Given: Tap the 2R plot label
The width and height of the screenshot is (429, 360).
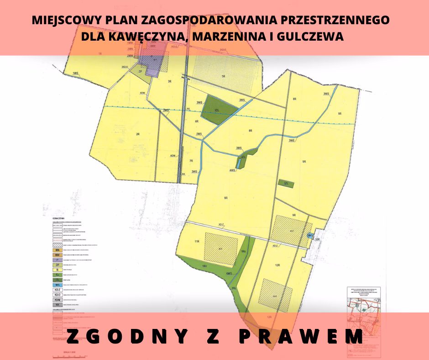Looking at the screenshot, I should pyautogui.click(x=137, y=134).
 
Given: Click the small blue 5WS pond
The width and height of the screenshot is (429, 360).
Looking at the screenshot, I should pyautogui.click(x=310, y=236).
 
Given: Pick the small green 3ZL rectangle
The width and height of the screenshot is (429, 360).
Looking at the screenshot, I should pyautogui.click(x=286, y=183).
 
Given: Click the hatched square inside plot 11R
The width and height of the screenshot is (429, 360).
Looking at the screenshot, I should pyautogui.click(x=221, y=247).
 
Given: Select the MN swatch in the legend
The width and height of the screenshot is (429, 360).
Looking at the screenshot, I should pyautogui.click(x=58, y=250).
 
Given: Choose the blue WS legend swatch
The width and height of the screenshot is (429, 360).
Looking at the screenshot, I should pyautogui.click(x=58, y=285).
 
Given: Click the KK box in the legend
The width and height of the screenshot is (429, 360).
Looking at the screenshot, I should pyautogui.click(x=58, y=304).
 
